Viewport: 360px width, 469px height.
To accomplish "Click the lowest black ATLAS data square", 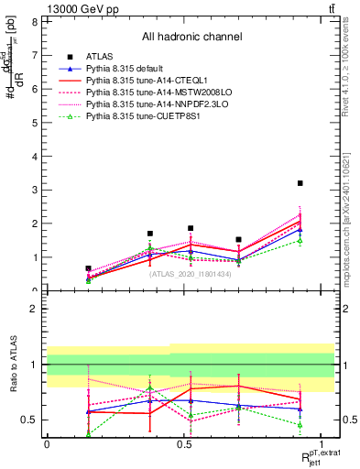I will (88, 268).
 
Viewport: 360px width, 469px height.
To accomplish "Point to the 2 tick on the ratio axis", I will (34, 308).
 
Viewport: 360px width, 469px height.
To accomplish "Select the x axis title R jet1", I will (312, 458).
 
